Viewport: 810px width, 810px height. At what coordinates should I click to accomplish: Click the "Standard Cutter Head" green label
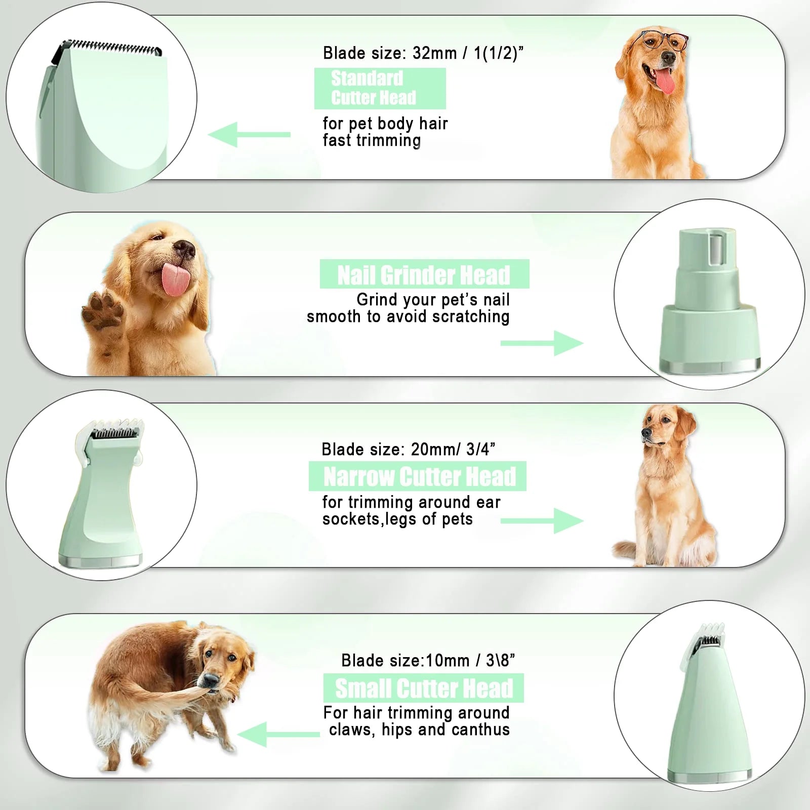pyautogui.click(x=380, y=88)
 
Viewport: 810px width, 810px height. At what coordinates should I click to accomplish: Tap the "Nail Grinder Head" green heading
pyautogui.click(x=424, y=274)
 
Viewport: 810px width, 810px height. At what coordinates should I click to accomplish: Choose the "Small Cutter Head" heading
pyautogui.click(x=424, y=688)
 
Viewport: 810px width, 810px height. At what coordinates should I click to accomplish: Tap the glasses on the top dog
pyautogui.click(x=664, y=40)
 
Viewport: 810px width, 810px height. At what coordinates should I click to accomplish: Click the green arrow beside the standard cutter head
pyautogui.click(x=249, y=135)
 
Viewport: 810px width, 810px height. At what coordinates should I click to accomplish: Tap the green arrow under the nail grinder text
pyautogui.click(x=542, y=343)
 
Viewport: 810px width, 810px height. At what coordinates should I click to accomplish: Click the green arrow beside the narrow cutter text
pyautogui.click(x=542, y=521)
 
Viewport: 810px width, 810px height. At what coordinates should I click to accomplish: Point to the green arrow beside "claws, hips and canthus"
pyautogui.click(x=278, y=734)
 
